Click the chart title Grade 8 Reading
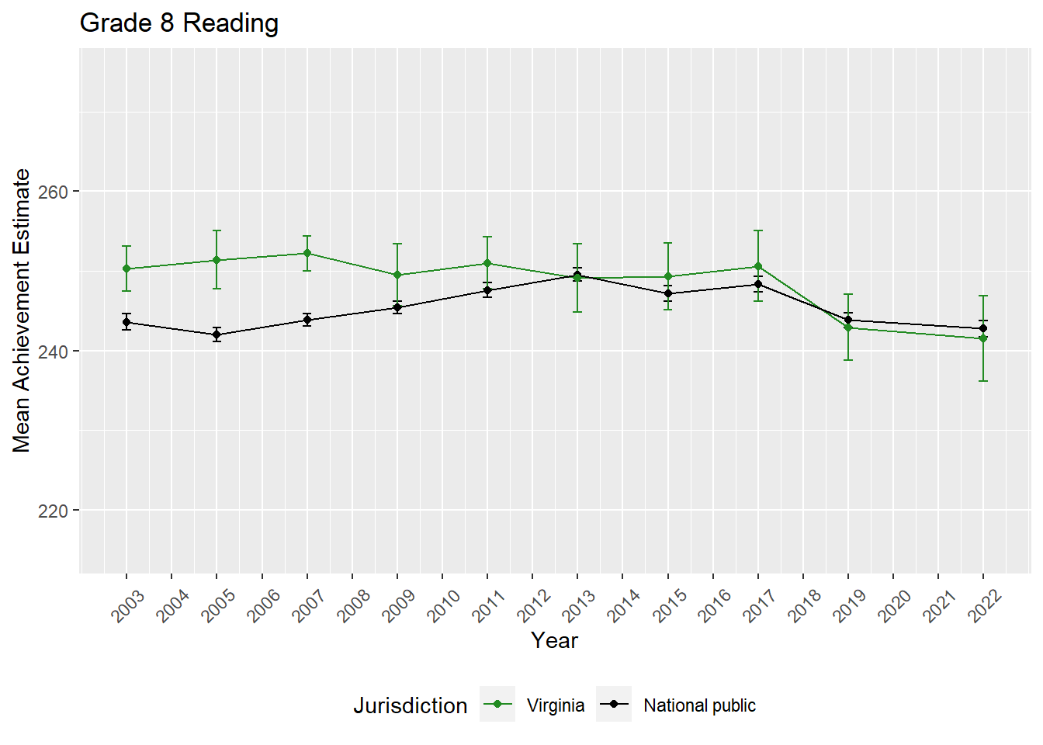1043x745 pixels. point(179,23)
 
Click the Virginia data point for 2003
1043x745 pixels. point(126,269)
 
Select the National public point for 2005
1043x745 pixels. point(217,334)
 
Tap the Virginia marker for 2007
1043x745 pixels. point(307,253)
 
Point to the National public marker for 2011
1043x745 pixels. point(487,290)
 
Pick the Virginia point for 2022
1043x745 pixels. point(983,338)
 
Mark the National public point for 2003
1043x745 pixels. point(126,322)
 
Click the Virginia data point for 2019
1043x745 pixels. point(848,327)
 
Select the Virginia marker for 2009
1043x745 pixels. point(397,275)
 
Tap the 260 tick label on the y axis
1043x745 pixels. point(54,192)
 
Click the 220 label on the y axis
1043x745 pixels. point(54,511)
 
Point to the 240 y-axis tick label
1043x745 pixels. point(54,352)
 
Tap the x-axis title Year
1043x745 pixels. point(554,640)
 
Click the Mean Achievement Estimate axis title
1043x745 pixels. point(22,310)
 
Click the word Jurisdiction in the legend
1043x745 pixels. point(410,705)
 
